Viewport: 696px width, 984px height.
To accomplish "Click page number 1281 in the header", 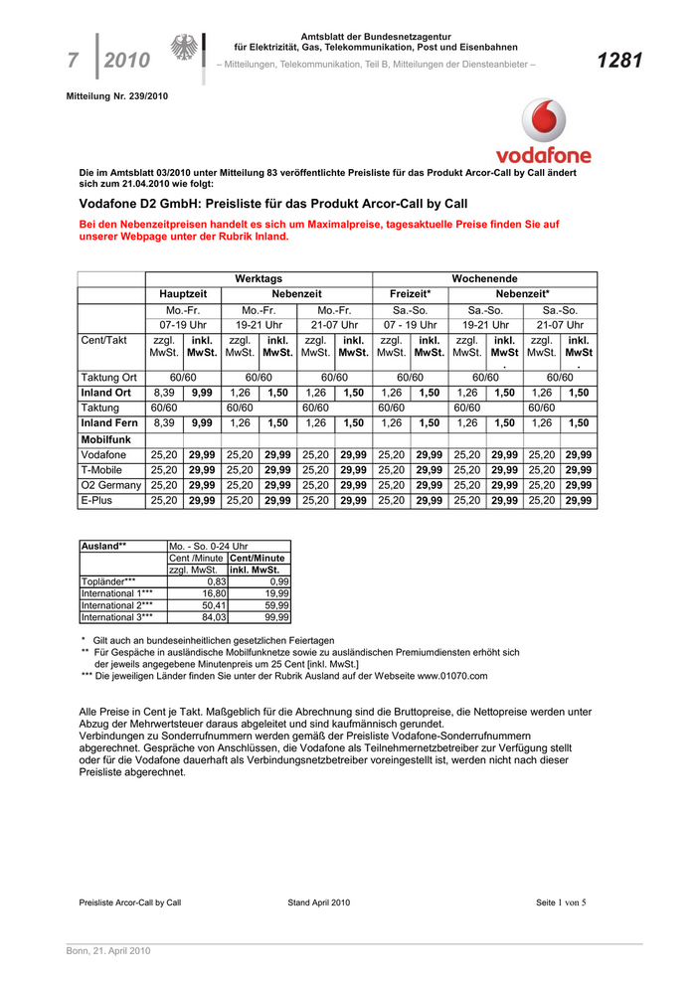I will (619, 62).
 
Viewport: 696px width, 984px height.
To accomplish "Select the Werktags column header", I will (259, 279).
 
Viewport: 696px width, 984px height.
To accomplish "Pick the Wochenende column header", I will (484, 279).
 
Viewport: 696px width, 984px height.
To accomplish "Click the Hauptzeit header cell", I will (183, 295).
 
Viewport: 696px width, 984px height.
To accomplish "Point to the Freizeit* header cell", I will (410, 295).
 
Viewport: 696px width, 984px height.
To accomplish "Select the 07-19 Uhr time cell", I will (183, 325).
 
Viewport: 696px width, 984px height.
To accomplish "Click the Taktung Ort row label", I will (108, 378).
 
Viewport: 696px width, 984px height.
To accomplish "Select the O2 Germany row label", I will (111, 485).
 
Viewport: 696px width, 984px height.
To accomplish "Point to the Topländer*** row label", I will (108, 580).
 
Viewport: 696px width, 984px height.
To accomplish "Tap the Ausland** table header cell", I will (103, 547).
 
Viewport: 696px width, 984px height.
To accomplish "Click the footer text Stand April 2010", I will (319, 902).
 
